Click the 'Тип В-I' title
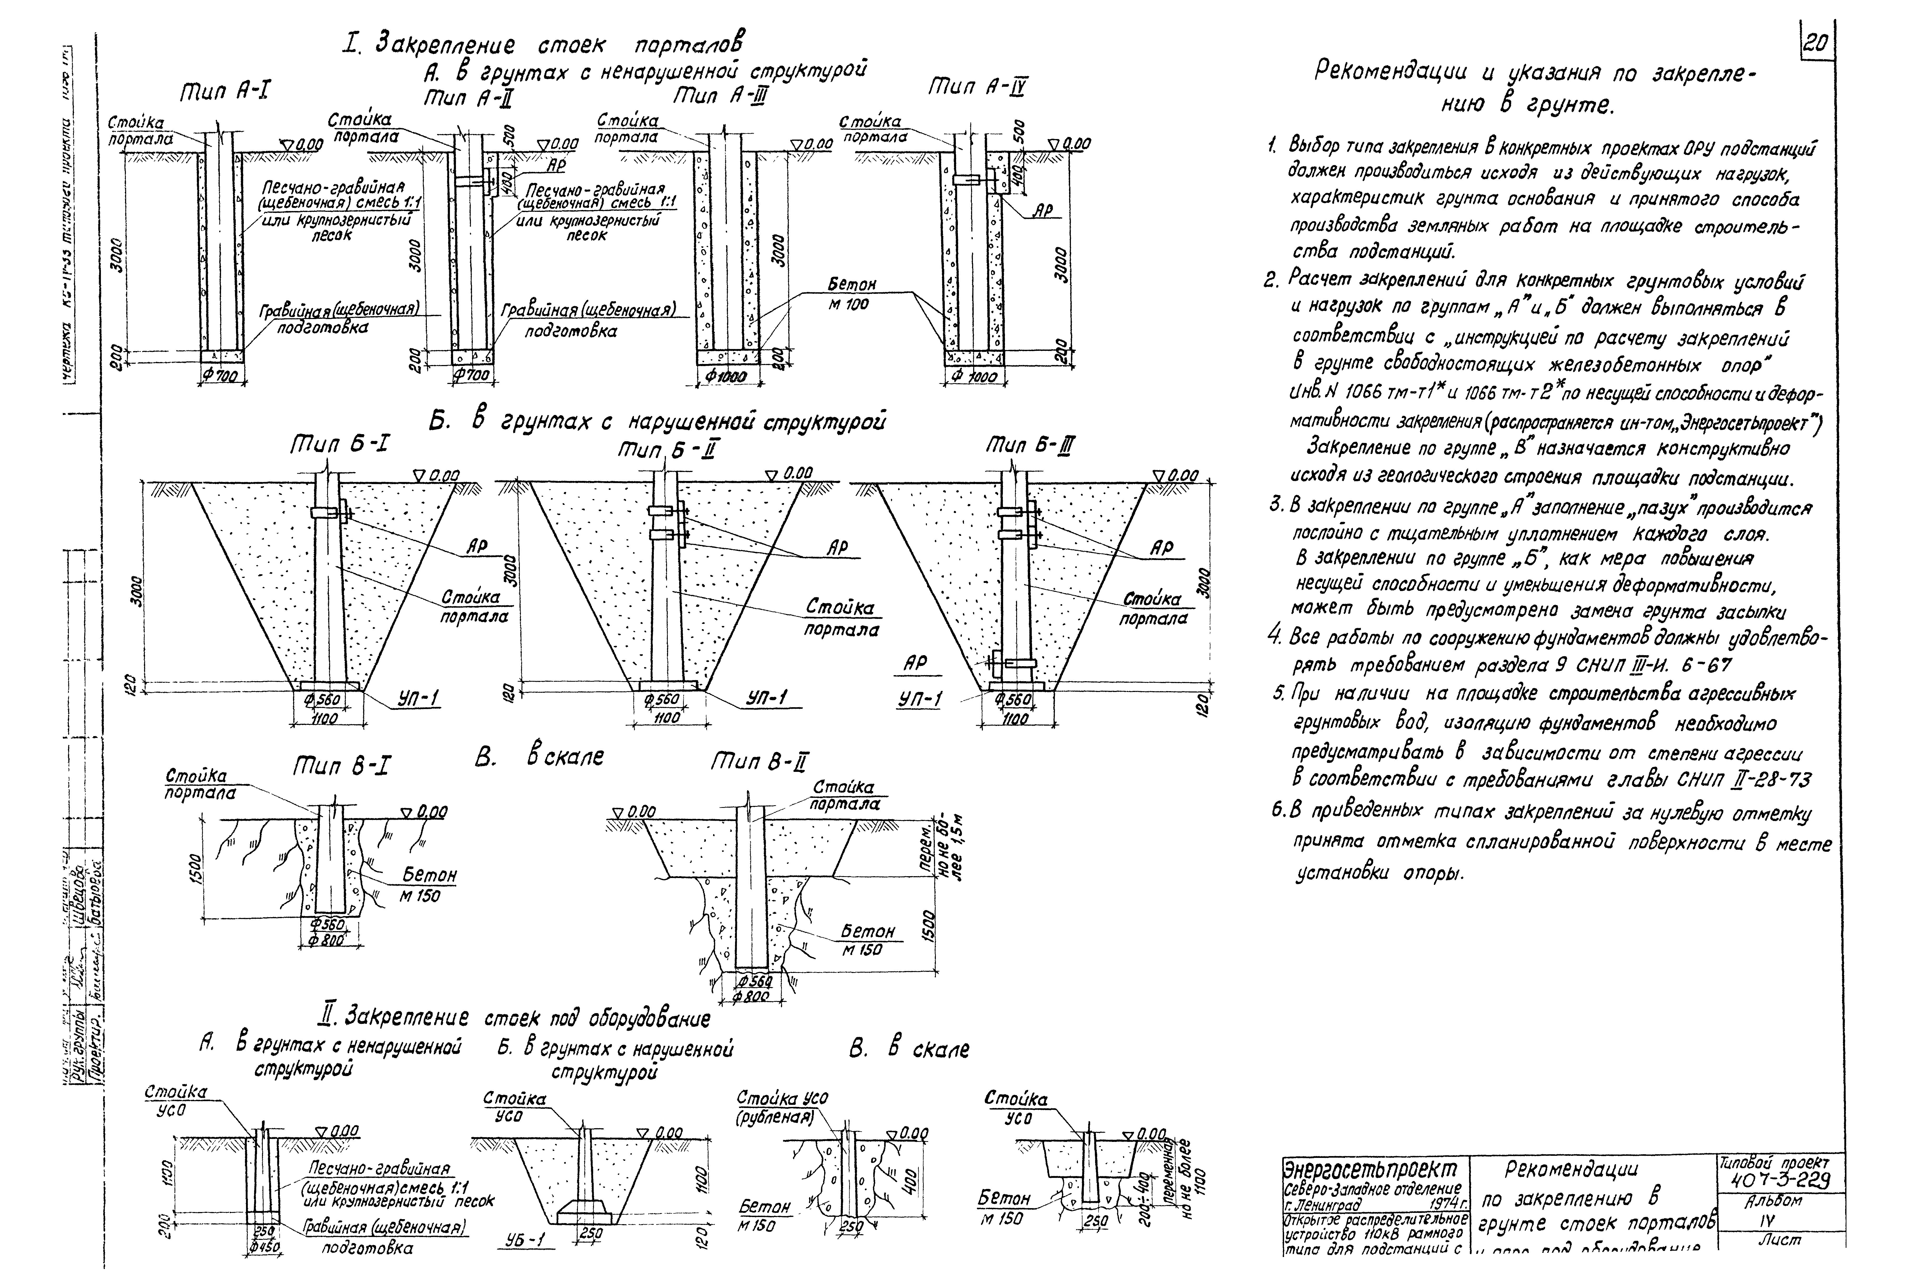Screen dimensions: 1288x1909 pyautogui.click(x=341, y=767)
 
